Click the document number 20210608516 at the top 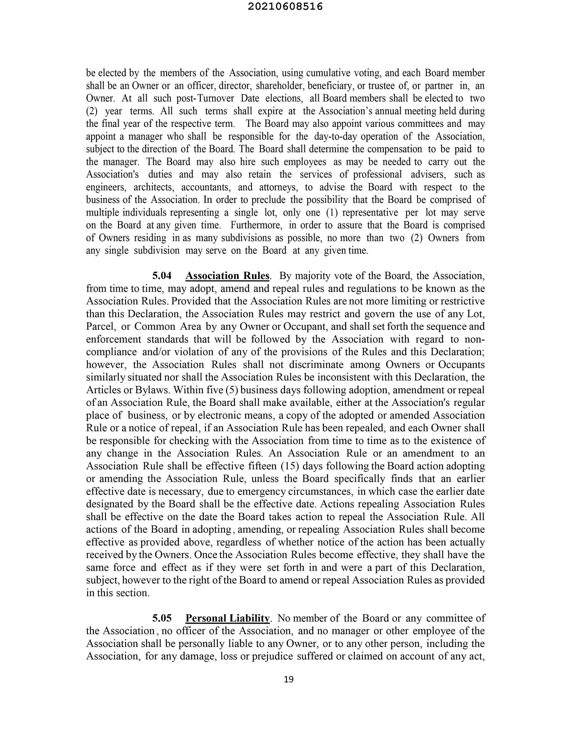pos(285,7)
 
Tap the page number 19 pos(288,679)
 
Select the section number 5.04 pos(162,276)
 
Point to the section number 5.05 pos(162,618)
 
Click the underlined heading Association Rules pos(227,276)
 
